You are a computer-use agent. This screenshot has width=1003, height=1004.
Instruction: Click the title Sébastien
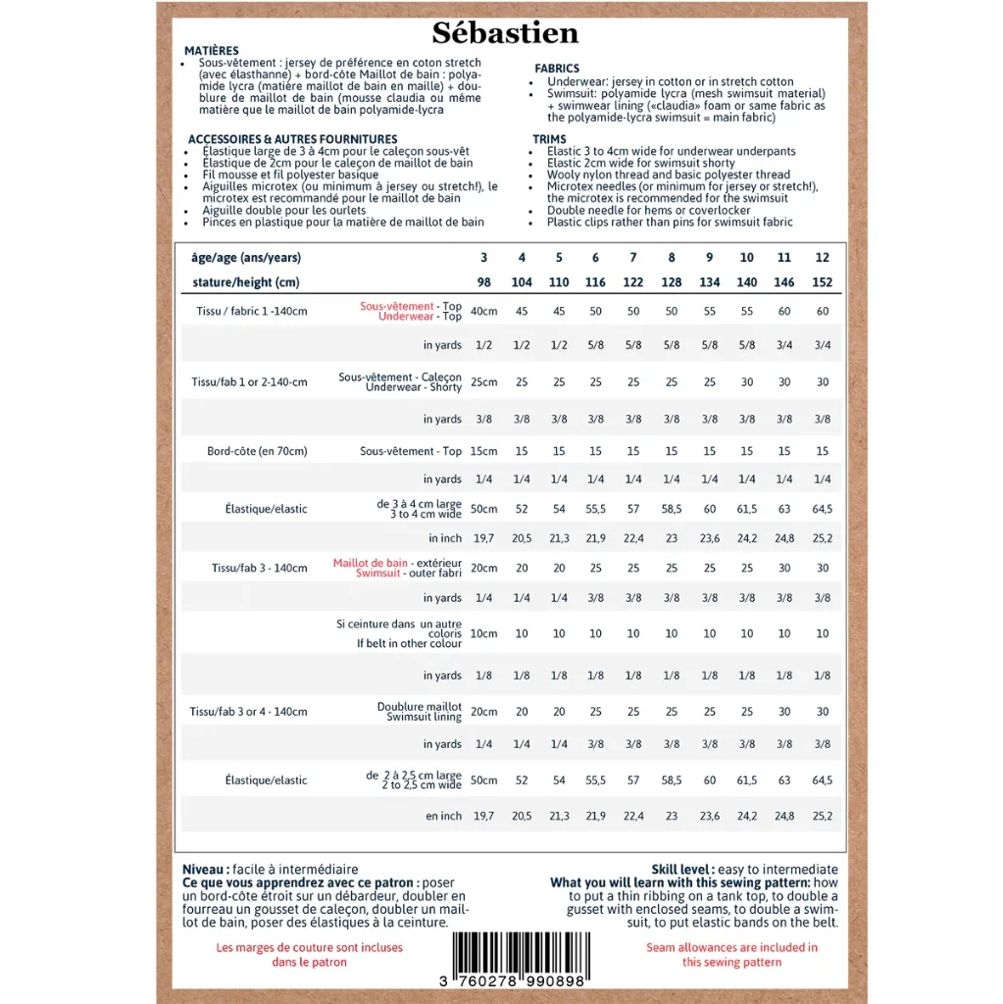(505, 34)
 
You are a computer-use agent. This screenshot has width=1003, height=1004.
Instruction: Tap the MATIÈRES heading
(211, 51)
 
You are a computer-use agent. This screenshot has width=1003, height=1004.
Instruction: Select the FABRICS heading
(557, 69)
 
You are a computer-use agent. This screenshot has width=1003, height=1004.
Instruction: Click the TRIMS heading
(549, 139)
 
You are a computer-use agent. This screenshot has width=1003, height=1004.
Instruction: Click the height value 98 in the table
(483, 282)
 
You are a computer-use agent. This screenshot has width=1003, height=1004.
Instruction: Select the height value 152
(822, 282)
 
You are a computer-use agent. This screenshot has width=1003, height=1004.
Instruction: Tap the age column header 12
(822, 258)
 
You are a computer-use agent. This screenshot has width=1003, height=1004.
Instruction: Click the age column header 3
(483, 258)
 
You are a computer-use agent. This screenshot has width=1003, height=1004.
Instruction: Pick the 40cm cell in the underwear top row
(483, 312)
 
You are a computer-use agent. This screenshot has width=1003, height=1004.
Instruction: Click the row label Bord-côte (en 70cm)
(257, 451)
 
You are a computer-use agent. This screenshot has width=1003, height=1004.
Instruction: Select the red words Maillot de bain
(371, 563)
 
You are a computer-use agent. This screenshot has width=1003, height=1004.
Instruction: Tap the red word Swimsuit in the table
(378, 574)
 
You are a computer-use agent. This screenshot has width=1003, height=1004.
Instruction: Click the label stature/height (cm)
(245, 282)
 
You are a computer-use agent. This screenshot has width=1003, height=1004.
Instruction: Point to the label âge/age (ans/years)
(246, 258)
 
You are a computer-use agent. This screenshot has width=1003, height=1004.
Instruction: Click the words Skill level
(680, 870)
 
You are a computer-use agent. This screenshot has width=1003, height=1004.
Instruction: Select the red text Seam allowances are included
(731, 947)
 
